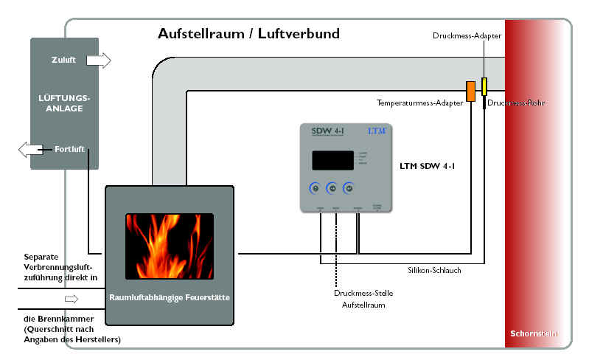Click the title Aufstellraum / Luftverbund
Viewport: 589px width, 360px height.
(248, 34)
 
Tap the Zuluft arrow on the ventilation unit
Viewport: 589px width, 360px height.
(98, 60)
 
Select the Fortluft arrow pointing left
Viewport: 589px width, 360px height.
(31, 150)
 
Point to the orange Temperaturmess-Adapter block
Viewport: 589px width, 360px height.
(470, 90)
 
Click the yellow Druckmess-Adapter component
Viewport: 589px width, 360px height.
(484, 86)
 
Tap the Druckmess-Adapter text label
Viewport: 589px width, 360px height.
(468, 35)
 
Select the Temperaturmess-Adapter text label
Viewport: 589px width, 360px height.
(419, 104)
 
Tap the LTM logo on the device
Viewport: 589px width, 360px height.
(377, 131)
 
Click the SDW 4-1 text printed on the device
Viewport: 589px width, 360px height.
(322, 131)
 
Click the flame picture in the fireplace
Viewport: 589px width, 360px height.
(169, 246)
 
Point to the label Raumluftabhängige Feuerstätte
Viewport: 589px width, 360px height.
(170, 298)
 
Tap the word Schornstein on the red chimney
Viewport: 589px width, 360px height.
(534, 333)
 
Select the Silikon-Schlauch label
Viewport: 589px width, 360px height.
(433, 271)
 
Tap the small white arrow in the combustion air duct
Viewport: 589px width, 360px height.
(71, 299)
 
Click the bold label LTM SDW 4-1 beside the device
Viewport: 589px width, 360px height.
(426, 167)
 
